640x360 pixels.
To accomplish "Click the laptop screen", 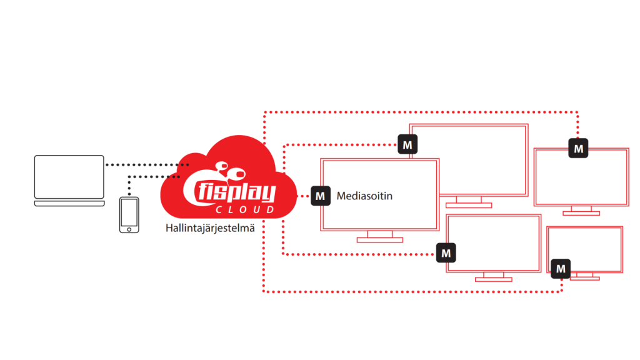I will tap(69, 177).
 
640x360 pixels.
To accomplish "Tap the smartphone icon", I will tap(129, 214).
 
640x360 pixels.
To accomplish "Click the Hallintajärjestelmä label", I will tap(210, 228).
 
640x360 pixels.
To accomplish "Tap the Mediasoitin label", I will tap(364, 196).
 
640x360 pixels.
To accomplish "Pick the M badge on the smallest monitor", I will tap(562, 269).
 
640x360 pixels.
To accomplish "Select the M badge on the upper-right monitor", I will tap(578, 148).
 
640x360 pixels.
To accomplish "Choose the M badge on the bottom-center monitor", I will tap(446, 253).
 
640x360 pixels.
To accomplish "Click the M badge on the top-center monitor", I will tap(407, 146).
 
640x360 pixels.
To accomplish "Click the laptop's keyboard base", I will tap(69, 203).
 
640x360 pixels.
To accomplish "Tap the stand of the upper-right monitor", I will tap(581, 210).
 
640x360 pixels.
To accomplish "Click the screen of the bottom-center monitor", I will tap(494, 242).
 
